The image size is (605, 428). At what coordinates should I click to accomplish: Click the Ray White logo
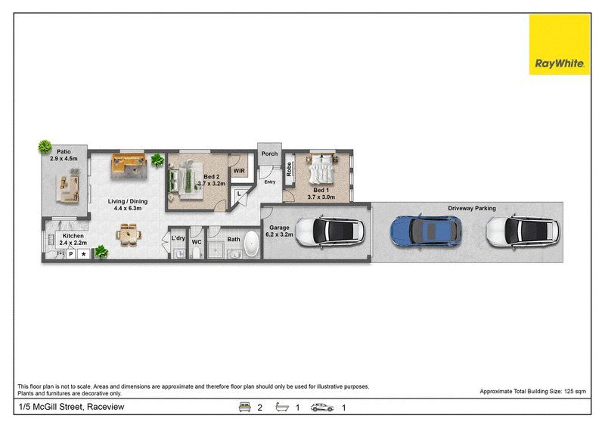[x=559, y=45]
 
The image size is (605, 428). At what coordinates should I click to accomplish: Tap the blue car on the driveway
[x=426, y=231]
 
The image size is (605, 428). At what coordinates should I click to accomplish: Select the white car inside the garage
[x=330, y=231]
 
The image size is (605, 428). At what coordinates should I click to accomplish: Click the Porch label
[x=269, y=154]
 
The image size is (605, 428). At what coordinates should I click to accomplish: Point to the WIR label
[x=239, y=171]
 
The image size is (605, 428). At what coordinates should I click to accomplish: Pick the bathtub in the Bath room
[x=252, y=244]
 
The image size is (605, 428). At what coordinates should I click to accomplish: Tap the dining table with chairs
[x=129, y=234]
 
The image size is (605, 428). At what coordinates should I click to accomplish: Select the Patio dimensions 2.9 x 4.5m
[x=64, y=159]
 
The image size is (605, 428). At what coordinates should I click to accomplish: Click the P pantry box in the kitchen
[x=71, y=254]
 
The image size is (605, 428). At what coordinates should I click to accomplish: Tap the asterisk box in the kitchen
[x=84, y=254]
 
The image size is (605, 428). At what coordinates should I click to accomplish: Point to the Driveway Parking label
[x=472, y=208]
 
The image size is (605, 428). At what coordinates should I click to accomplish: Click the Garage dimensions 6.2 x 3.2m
[x=279, y=234]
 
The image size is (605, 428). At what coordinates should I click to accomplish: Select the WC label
[x=197, y=242]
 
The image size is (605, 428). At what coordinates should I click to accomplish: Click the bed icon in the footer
[x=244, y=407]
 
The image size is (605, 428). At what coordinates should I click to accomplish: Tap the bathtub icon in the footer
[x=282, y=407]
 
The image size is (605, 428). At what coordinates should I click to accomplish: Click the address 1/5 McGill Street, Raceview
[x=71, y=407]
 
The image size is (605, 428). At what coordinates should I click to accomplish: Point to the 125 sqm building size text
[x=575, y=392]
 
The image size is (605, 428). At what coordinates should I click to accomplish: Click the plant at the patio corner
[x=45, y=146]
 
